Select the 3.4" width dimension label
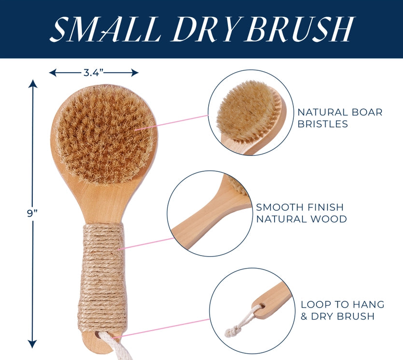pyautogui.click(x=93, y=73)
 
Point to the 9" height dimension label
pyautogui.click(x=33, y=213)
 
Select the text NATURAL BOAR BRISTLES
pyautogui.click(x=340, y=118)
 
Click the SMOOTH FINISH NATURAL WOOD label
pyautogui.click(x=301, y=213)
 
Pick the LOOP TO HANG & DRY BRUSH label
pyautogui.click(x=342, y=310)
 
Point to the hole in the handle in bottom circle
pyautogui.click(x=262, y=306)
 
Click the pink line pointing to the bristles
pyautogui.click(x=171, y=123)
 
